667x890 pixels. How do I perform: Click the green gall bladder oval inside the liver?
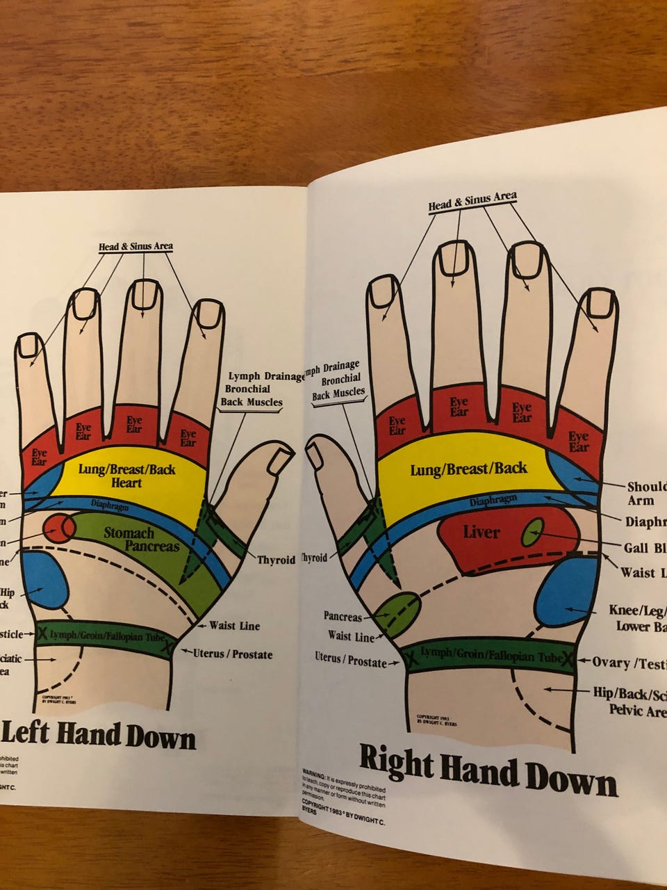[x=534, y=533]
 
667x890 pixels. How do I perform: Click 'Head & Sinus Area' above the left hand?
[x=135, y=246]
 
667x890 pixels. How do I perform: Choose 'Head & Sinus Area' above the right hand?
[x=472, y=201]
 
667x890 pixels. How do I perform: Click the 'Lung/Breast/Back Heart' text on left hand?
[x=126, y=476]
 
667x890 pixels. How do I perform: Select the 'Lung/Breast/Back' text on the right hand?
[x=468, y=469]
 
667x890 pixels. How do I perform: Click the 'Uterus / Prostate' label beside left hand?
[x=233, y=654]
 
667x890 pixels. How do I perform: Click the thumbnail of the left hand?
[x=281, y=460]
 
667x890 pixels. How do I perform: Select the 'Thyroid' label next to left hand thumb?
[x=277, y=560]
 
